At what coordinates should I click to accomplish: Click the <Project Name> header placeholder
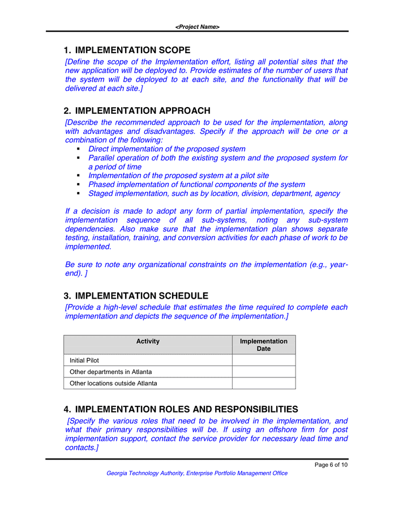pos(197,27)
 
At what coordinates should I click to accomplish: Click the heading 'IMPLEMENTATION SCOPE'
pos(132,50)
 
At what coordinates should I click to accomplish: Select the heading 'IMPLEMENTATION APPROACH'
pos(143,111)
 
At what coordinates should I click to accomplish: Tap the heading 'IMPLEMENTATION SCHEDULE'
pos(142,296)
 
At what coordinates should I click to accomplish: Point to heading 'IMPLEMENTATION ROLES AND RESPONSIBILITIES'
pos(186,409)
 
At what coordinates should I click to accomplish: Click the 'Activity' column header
pos(148,342)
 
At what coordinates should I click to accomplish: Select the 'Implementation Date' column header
pos(263,345)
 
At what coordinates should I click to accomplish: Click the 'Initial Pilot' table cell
pos(84,360)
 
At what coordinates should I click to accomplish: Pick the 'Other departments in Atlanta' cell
pos(110,372)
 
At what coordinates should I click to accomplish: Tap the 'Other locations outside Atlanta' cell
pos(113,384)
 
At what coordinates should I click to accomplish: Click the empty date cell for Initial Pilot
pos(263,360)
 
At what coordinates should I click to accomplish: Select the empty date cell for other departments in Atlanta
pos(263,372)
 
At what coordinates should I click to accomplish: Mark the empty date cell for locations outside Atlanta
pos(263,384)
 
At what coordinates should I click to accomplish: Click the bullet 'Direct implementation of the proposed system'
pos(167,149)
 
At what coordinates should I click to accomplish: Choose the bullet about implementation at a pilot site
pos(178,176)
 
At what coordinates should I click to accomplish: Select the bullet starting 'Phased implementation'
pos(196,185)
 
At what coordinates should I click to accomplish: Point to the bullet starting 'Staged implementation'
pos(214,194)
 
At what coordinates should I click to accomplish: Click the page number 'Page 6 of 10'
pos(331,465)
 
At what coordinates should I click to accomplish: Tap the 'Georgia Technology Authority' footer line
pos(197,473)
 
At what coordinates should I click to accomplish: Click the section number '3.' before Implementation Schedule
pos(67,296)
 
